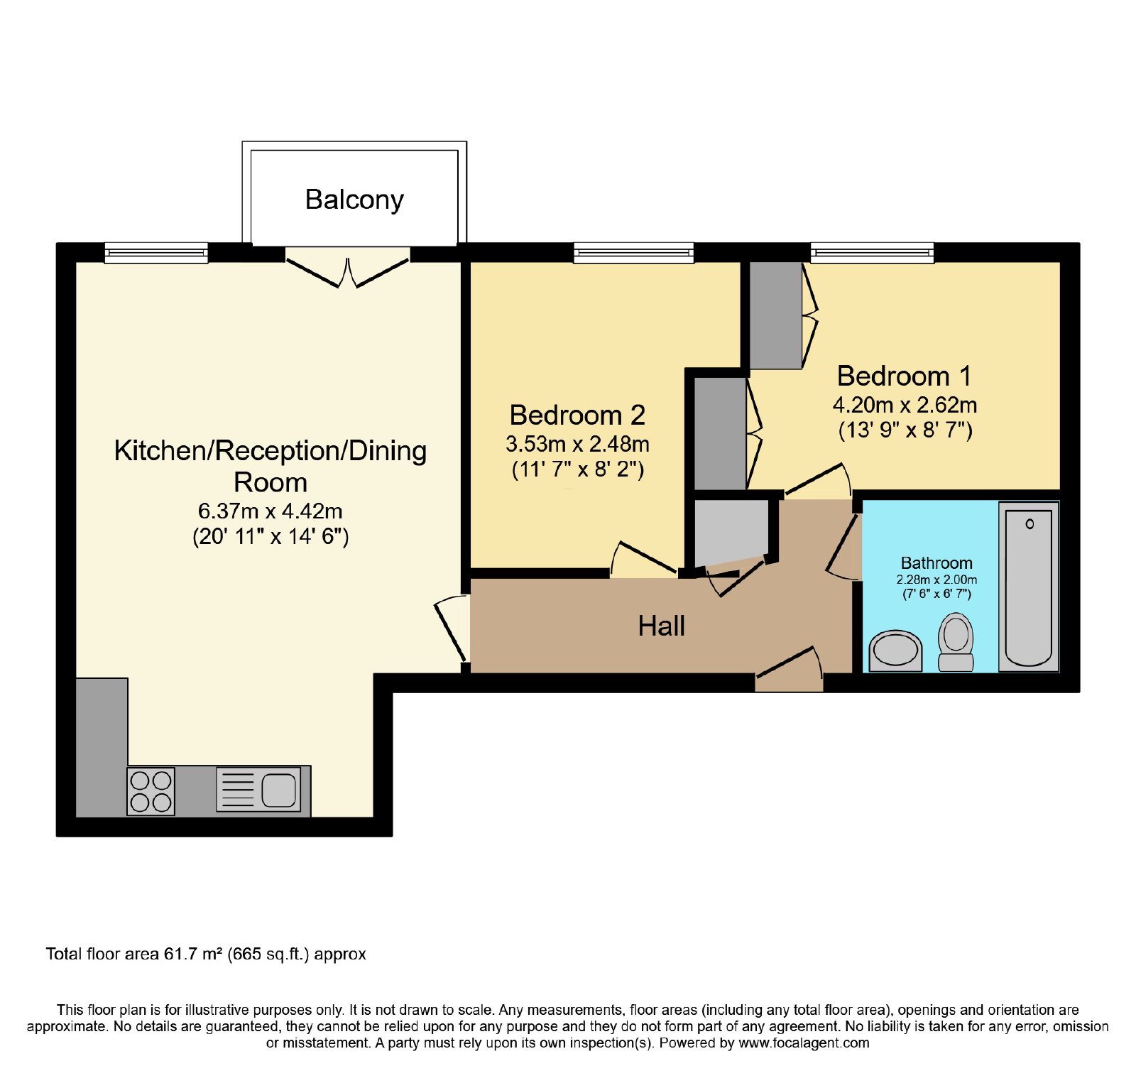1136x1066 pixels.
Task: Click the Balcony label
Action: pos(354,200)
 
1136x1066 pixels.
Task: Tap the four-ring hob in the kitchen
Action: pos(151,791)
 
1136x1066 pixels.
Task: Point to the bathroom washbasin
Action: pos(896,651)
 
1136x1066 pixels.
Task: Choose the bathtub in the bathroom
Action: pos(1029,587)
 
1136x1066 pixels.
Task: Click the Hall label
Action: pos(661,626)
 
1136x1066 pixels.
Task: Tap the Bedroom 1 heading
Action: pos(904,376)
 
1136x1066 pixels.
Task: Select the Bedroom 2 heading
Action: pos(577,415)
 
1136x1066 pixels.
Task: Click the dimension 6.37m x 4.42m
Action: pos(270,511)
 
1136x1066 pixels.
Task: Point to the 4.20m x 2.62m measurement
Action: pos(905,405)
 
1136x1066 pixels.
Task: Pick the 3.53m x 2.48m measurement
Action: pos(577,444)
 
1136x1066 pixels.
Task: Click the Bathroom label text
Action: pos(936,563)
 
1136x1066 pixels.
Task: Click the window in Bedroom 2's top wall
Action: pos(633,253)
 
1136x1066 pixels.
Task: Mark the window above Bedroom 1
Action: pos(872,253)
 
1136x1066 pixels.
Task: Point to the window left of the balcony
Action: pos(156,253)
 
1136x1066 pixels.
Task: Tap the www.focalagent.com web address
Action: pos(804,1043)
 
